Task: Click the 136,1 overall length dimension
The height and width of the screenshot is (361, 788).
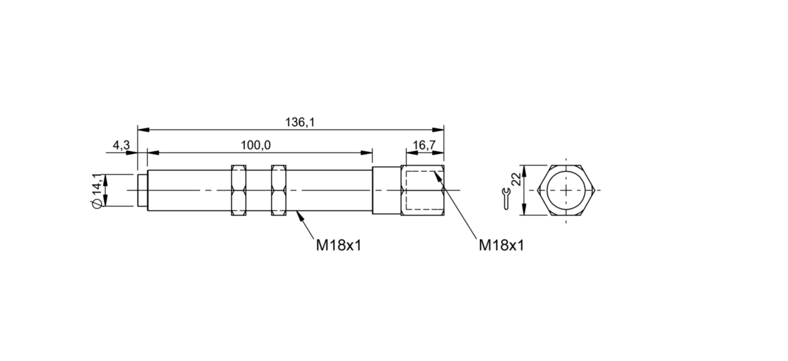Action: [x=300, y=122]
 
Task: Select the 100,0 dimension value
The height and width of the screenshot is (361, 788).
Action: [x=256, y=145]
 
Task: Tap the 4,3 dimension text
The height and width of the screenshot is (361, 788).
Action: [x=122, y=145]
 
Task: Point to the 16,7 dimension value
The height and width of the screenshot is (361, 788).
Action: [x=424, y=145]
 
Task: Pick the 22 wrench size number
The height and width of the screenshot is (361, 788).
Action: [x=516, y=179]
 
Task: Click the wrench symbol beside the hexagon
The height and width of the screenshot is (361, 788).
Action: [x=506, y=199]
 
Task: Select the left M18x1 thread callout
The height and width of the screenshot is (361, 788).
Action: [x=339, y=245]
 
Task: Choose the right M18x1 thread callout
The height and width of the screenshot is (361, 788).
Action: [x=501, y=245]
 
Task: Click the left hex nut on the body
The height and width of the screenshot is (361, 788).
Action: [x=239, y=191]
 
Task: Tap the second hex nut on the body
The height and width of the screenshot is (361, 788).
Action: [x=279, y=191]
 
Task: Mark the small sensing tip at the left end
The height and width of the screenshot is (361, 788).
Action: [x=143, y=191]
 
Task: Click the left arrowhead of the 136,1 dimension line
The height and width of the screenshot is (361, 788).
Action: [x=143, y=130]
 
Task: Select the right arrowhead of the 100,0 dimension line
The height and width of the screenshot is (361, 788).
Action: [x=367, y=153]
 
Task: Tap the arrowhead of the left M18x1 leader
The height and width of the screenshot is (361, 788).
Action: [x=300, y=216]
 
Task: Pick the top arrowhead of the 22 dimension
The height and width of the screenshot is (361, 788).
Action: [x=524, y=171]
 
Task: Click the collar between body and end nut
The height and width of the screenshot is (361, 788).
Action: [x=387, y=191]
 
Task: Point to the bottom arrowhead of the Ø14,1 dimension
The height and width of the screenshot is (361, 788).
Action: [x=105, y=201]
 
